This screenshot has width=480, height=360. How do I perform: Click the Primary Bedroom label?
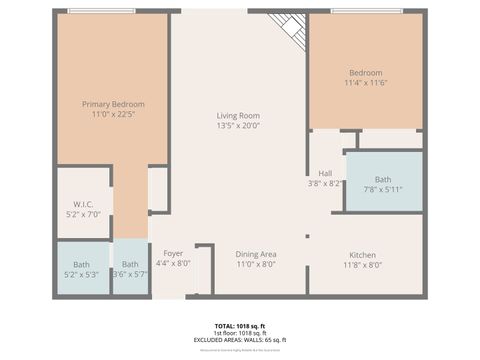coord(113,104)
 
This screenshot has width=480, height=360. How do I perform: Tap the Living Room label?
coord(238,116)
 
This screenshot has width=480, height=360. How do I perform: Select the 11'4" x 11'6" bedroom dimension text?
coord(365,85)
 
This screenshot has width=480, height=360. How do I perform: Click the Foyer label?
coord(173,253)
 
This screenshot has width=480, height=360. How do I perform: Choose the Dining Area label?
coord(256,254)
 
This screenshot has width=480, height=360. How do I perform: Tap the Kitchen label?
coord(362,254)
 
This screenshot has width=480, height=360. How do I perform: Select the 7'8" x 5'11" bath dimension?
coord(383,190)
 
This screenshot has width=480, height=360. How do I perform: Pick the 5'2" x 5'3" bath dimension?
coord(81,275)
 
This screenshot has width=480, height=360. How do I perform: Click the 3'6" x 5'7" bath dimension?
coord(130,275)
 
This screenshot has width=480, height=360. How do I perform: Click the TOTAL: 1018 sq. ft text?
coord(238,326)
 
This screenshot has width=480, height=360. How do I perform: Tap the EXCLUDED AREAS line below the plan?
coord(238,340)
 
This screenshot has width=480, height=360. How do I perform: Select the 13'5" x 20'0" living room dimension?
coord(238,127)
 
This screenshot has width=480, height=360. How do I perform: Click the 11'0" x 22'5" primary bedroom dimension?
coord(113,115)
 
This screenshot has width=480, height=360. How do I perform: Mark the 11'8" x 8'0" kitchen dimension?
coord(362,265)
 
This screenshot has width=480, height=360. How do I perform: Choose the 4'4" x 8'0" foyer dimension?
coord(173,264)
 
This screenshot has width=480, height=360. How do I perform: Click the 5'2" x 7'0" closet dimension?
coord(81,214)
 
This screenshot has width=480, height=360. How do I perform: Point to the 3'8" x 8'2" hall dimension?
coord(324,184)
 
